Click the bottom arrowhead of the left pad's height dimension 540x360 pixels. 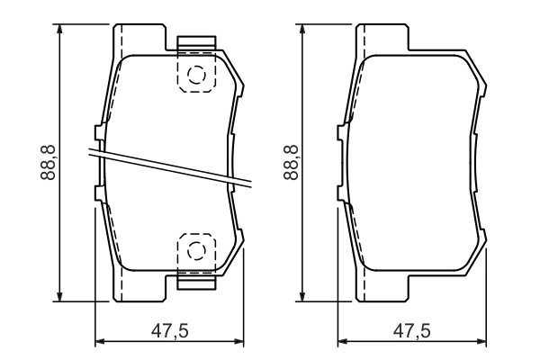(60, 297)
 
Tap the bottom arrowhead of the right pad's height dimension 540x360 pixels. (304, 297)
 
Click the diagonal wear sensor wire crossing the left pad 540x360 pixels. (171, 166)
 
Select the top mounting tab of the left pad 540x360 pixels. (139, 38)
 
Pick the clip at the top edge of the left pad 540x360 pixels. (198, 43)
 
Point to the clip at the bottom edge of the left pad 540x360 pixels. (198, 280)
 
